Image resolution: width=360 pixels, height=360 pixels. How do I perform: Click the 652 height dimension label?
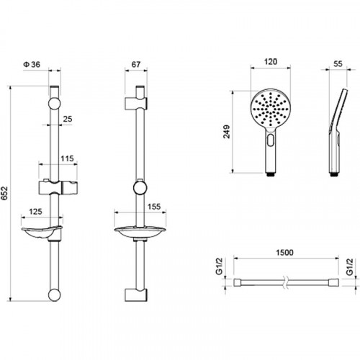(x=5, y=193)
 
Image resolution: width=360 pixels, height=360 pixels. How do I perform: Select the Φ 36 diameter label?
(x=32, y=64)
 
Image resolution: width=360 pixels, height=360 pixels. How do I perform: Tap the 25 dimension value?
(x=67, y=119)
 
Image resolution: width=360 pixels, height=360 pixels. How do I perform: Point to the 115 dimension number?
(x=67, y=158)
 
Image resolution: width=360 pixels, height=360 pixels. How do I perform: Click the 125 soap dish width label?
(x=35, y=212)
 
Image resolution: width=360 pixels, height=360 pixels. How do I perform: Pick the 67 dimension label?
(x=136, y=64)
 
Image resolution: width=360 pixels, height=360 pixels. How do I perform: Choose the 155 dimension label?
(x=154, y=207)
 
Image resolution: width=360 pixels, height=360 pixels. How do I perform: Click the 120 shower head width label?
(x=271, y=62)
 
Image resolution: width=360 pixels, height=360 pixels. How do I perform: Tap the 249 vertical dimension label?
(x=227, y=132)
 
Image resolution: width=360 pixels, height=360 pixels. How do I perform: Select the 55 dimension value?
(x=338, y=64)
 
